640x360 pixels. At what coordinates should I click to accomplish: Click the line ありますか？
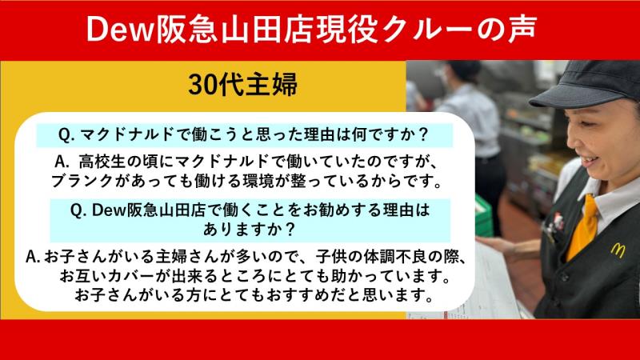click(245, 230)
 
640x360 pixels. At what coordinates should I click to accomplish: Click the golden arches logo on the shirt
click(616, 250)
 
